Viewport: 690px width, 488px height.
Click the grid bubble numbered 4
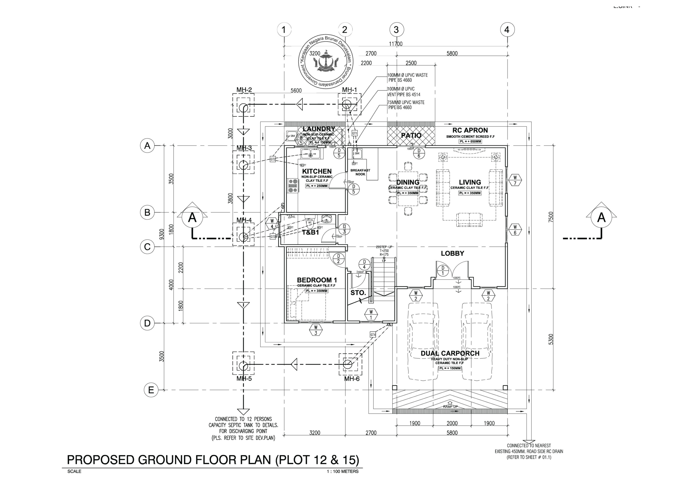point(507,30)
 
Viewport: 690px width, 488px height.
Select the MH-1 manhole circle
point(347,104)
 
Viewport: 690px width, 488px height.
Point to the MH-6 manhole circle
point(348,364)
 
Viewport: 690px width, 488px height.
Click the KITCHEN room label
point(317,171)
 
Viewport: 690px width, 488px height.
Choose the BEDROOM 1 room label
point(317,280)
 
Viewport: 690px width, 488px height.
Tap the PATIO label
point(411,136)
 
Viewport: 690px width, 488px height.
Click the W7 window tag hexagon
point(515,180)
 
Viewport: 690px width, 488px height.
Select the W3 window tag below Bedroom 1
point(316,330)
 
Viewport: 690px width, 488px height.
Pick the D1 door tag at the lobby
point(443,271)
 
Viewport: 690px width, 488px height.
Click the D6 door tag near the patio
point(419,153)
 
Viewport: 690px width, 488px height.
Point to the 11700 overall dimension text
point(395,44)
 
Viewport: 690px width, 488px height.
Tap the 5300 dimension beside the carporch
point(551,339)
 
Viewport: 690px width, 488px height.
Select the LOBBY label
point(452,253)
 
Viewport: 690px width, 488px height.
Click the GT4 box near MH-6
point(373,335)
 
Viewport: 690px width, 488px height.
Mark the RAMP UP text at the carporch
point(450,407)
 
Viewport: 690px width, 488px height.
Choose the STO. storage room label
point(358,293)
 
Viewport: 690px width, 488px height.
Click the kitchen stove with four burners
point(293,185)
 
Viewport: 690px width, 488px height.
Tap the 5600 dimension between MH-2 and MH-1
point(296,91)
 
